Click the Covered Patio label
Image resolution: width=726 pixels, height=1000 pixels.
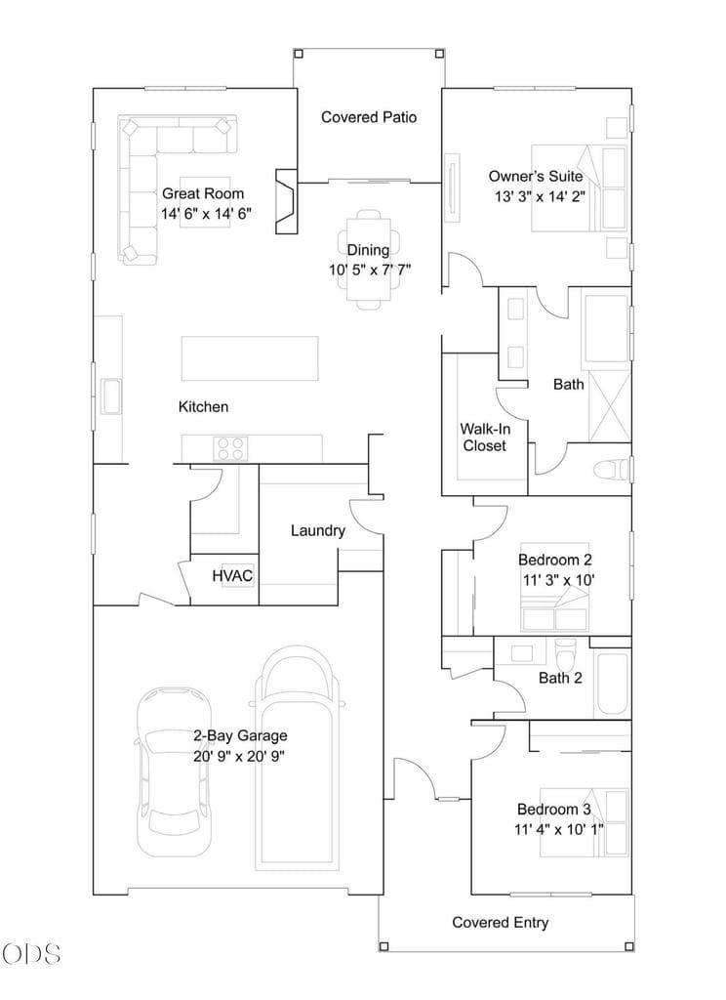(369, 117)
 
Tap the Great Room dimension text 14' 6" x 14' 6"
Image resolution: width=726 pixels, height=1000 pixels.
(206, 214)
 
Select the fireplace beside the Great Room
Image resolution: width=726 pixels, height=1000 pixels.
(286, 201)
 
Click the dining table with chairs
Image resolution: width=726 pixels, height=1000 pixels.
(369, 260)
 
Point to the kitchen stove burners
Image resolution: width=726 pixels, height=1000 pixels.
(230, 447)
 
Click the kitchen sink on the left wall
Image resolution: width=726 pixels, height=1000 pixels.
(110, 396)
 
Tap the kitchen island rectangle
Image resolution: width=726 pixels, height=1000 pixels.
(250, 358)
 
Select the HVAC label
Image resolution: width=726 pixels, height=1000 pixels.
(232, 576)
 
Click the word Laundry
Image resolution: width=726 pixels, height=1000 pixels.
(317, 530)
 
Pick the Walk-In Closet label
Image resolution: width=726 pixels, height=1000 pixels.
(485, 437)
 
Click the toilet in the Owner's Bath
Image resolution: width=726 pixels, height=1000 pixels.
(611, 470)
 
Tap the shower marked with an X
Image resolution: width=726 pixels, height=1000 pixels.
(609, 405)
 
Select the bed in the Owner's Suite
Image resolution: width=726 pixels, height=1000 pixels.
(579, 188)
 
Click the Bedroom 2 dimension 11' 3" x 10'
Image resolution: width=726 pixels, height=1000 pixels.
(558, 580)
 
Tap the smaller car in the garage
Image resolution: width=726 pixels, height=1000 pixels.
(174, 772)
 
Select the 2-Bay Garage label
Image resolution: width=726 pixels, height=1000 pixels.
(240, 736)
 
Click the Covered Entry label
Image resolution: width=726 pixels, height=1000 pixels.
(501, 922)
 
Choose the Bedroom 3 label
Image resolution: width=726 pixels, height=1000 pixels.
(554, 810)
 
